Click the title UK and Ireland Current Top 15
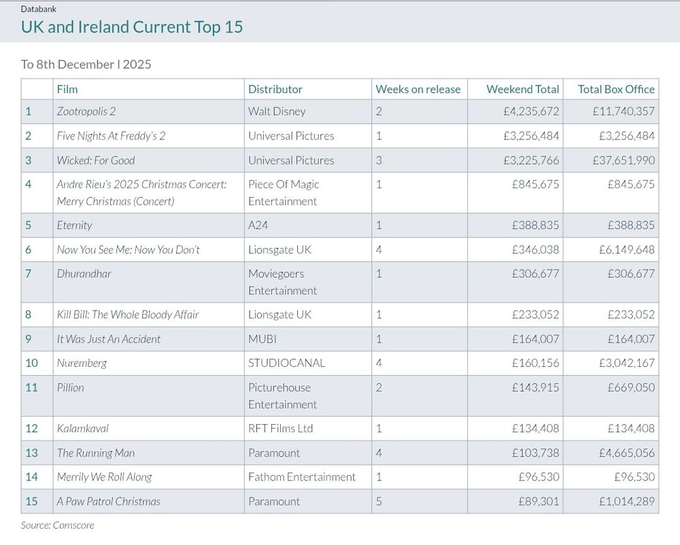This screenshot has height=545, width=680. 132,27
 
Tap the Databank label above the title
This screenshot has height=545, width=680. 38,9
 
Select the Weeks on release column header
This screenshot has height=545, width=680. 418,89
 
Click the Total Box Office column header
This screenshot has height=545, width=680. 616,89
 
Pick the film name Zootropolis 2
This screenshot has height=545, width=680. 86,111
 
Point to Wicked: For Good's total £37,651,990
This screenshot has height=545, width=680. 624,160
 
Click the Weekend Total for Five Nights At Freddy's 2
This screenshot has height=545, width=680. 531,136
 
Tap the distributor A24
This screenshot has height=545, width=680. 258,225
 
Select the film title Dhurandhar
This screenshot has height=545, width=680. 84,274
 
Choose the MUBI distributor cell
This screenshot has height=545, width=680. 262,338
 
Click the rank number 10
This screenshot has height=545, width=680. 32,363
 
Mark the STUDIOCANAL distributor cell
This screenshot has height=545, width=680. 286,363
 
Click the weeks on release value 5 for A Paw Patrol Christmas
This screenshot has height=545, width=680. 379,502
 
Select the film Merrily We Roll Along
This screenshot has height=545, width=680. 104,477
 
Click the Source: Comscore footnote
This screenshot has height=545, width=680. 57,525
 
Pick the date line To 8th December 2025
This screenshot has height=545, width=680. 86,65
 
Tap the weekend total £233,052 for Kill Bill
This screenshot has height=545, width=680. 535,315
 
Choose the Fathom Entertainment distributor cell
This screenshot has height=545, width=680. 301,477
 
